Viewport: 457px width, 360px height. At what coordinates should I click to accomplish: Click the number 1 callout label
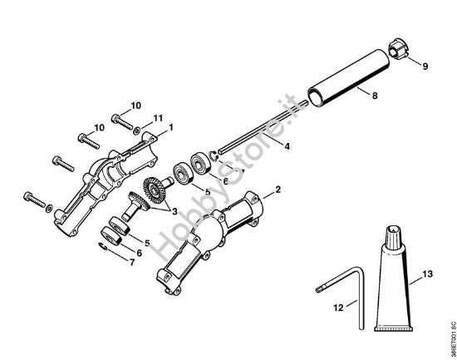(170, 126)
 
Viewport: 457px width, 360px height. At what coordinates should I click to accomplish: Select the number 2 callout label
(278, 190)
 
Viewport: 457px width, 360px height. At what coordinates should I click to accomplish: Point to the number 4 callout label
(287, 147)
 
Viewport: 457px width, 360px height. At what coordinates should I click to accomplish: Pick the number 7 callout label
(130, 261)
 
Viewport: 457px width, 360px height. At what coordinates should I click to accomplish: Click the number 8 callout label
(375, 96)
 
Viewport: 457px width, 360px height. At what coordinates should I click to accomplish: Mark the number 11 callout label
(159, 120)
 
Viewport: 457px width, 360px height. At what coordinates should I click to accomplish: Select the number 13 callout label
(427, 274)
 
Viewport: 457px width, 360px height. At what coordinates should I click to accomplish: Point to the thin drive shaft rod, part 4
(249, 143)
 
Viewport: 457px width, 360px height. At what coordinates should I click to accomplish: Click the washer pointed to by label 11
(142, 131)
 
